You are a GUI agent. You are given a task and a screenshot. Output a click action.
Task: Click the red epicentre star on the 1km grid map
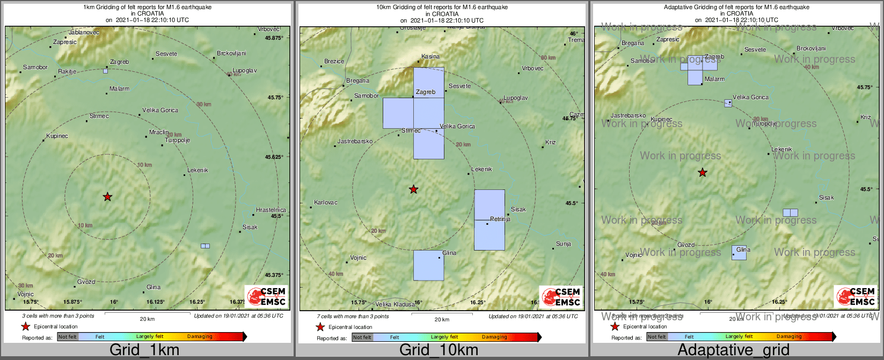click(x=107, y=197)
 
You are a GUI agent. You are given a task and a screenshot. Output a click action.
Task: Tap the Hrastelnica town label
click(x=271, y=210)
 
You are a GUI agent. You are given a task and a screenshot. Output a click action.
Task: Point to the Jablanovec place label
click(x=84, y=33)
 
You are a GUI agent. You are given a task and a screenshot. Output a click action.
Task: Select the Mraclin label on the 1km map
click(x=159, y=132)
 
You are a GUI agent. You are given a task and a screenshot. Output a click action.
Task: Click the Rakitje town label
click(x=67, y=72)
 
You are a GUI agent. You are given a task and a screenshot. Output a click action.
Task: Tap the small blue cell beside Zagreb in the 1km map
click(x=105, y=71)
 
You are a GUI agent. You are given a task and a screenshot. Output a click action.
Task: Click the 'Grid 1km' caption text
click(x=144, y=350)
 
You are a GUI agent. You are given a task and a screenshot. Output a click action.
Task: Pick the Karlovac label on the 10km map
click(x=326, y=203)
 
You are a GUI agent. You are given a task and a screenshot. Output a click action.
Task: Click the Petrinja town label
click(x=500, y=219)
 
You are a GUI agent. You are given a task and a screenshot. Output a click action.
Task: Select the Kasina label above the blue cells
click(x=430, y=56)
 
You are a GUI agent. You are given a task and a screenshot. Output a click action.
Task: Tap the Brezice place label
click(x=334, y=62)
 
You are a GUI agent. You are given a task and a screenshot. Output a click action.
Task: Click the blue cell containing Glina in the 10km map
click(x=428, y=266)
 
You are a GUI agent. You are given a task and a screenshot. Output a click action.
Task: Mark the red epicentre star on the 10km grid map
click(x=413, y=189)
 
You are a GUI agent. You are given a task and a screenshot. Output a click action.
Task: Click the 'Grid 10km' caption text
click(x=439, y=350)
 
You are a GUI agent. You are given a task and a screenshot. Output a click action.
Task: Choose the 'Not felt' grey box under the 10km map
click(x=362, y=337)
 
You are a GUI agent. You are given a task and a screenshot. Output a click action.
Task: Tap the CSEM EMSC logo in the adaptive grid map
click(x=856, y=297)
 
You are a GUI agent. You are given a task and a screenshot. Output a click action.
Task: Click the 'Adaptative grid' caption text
click(x=733, y=350)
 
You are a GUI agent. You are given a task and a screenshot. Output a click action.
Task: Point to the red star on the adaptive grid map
click(x=702, y=173)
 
